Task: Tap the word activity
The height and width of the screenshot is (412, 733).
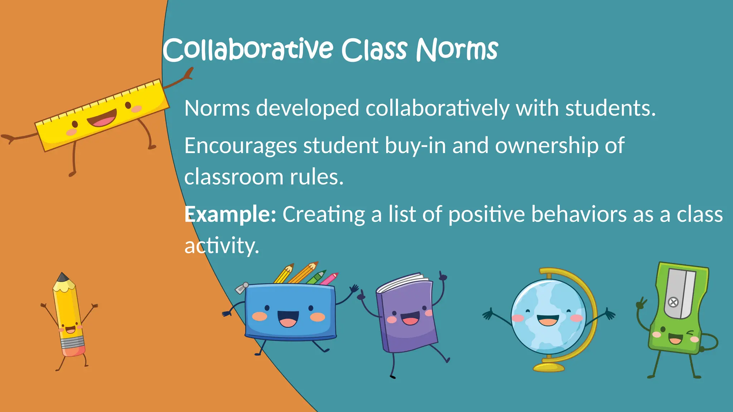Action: [222, 246]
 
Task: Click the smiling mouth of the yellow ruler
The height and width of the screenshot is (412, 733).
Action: [102, 118]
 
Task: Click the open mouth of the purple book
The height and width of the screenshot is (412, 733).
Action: [410, 318]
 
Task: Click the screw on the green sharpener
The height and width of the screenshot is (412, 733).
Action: [673, 302]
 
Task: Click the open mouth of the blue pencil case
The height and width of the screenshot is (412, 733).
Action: [288, 318]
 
